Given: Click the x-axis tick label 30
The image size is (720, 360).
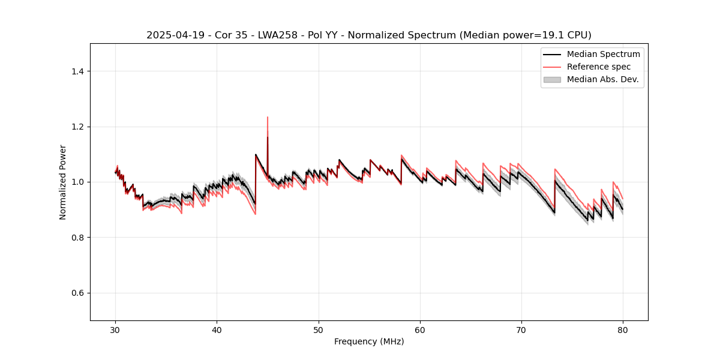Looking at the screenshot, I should click(x=115, y=330).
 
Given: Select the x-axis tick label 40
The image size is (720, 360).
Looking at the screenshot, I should click(x=217, y=330).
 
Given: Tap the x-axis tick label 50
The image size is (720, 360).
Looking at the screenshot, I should click(x=319, y=330).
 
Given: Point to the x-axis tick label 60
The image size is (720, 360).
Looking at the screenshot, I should click(x=420, y=330).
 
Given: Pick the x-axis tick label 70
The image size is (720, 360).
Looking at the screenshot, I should click(x=521, y=330).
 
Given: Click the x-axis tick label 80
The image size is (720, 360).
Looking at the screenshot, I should click(x=623, y=330).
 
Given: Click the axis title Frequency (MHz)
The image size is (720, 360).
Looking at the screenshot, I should click(x=369, y=342).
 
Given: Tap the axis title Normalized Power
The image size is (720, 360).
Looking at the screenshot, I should click(x=63, y=182).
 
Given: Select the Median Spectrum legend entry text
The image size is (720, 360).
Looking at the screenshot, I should click(x=603, y=54).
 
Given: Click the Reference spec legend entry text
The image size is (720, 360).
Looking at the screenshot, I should click(x=599, y=67).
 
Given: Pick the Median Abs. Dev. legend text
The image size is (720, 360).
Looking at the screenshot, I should click(x=602, y=79).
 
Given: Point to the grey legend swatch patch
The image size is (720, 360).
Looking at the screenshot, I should click(x=552, y=79).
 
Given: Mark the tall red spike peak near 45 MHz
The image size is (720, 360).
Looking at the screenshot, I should click(x=268, y=118).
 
